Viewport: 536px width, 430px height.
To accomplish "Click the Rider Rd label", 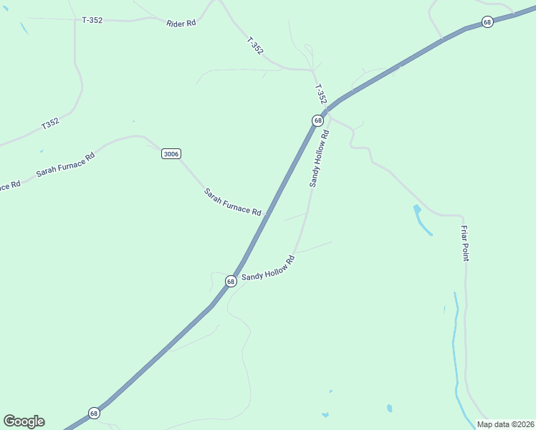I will point(181,23).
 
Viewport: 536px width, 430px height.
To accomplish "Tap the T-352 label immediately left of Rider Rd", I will point(92,20).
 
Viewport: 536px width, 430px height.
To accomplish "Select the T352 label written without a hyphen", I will point(50,123).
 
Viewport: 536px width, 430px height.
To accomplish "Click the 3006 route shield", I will point(171,154).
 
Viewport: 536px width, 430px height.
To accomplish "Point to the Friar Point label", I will point(465,243).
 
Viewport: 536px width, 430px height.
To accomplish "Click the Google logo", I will point(24,421).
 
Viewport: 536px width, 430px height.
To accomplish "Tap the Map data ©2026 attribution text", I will point(505,424).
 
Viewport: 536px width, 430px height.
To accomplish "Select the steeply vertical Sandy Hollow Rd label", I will point(319,158).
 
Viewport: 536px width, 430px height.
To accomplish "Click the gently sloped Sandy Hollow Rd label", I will point(268,269).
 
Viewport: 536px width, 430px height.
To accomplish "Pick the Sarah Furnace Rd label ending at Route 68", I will point(232,201).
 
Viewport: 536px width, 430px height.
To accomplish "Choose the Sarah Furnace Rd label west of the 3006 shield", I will point(65,166).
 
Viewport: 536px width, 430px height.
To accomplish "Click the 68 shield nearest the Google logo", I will point(94,414).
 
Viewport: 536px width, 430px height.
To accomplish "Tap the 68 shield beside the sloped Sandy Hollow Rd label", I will point(231,282).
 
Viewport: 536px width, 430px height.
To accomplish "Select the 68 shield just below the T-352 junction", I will point(317,120).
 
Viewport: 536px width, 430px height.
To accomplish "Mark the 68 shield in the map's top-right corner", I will point(487,22).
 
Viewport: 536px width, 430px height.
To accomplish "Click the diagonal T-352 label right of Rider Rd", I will point(255,46).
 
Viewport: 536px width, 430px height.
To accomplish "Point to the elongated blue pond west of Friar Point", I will point(422,220).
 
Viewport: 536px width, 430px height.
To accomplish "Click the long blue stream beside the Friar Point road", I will point(455,351).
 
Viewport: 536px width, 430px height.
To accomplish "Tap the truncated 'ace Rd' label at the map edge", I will point(9,186).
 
